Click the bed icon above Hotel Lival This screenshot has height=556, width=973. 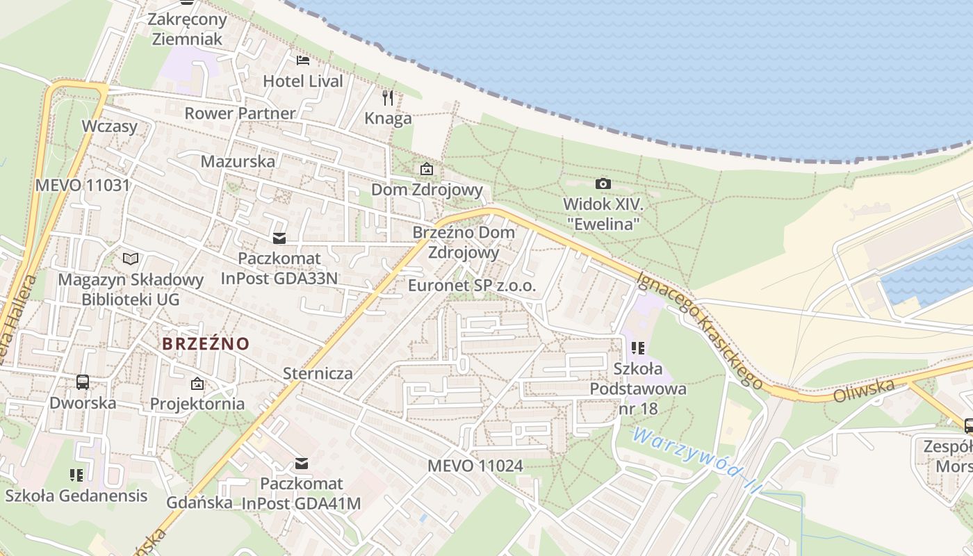(x=302, y=60)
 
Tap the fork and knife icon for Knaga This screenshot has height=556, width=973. (x=388, y=98)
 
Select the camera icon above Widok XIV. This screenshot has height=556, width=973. (x=603, y=183)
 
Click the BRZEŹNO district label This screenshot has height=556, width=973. (x=206, y=343)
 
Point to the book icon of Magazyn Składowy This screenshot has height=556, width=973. (x=131, y=259)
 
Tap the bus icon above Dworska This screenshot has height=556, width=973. (x=82, y=382)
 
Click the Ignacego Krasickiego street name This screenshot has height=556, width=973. (x=700, y=329)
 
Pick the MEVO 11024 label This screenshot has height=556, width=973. (x=475, y=466)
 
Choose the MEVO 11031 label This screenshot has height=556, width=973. (x=82, y=185)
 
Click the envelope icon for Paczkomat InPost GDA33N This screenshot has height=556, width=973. (x=279, y=238)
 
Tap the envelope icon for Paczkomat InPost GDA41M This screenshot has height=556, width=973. (x=302, y=463)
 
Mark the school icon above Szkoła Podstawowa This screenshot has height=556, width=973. (x=638, y=347)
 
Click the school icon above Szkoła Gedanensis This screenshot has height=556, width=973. (x=76, y=475)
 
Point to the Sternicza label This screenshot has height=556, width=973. (x=318, y=373)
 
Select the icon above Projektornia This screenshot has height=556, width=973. (x=197, y=383)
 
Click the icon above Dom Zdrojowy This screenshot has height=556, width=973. (x=427, y=169)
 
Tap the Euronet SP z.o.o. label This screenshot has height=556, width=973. (x=472, y=285)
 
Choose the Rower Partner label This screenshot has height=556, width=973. (x=240, y=113)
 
